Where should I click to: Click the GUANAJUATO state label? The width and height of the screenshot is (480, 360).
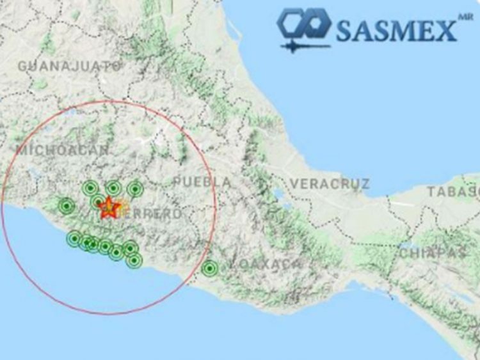[69, 66]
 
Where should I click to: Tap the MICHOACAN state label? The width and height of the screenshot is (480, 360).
[63, 150]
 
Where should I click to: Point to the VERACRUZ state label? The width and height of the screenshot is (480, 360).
[330, 184]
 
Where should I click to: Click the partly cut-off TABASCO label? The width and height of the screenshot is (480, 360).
[454, 191]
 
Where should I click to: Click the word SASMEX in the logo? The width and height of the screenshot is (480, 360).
[396, 29]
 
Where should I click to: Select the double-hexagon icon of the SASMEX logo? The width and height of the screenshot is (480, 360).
[303, 24]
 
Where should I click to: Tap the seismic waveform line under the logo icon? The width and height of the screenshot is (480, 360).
[304, 46]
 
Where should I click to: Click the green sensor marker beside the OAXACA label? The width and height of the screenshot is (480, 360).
[209, 269]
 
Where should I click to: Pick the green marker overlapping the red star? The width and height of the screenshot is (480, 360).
[99, 202]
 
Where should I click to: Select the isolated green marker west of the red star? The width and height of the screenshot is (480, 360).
[67, 206]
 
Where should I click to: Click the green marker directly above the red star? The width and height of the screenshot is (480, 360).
[113, 188]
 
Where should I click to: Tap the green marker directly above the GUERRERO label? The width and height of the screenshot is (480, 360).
[134, 189]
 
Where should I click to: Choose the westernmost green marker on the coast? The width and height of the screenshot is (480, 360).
[74, 239]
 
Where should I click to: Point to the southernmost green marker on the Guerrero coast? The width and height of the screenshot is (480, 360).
[134, 260]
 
